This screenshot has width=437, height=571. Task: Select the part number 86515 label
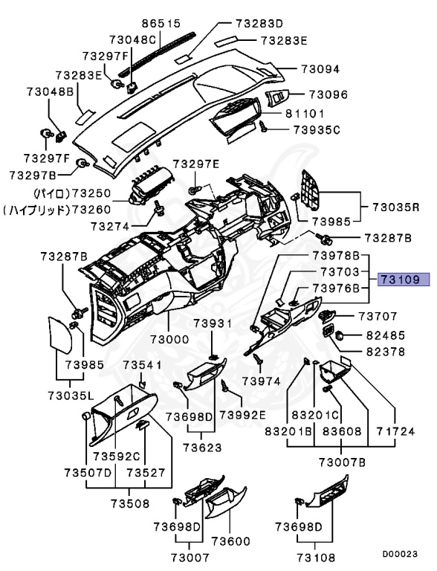[x=161, y=24]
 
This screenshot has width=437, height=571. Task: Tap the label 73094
[x=320, y=69]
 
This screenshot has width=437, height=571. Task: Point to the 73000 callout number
[x=169, y=339]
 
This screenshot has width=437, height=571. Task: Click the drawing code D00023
[x=400, y=554]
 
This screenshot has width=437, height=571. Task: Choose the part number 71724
[x=395, y=431]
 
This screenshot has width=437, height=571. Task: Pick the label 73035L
[x=71, y=395]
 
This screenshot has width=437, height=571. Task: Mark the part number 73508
[x=130, y=503]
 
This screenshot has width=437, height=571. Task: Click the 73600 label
[x=231, y=541]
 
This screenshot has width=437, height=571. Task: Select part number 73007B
[x=343, y=462]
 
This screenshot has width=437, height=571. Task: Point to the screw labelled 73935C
[x=264, y=126]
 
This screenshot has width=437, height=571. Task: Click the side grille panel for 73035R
[x=310, y=190]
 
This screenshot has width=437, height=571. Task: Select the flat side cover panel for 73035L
[x=60, y=335]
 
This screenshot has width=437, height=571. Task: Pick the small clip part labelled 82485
[x=340, y=335]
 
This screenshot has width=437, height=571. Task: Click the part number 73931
[x=213, y=323]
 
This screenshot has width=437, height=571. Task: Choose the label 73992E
[x=242, y=415]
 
